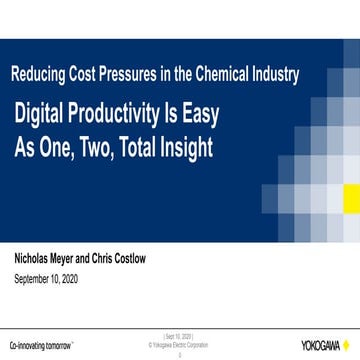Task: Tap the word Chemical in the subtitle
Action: coord(226,73)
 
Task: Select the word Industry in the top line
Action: coord(277,73)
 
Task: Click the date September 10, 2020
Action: coord(46,278)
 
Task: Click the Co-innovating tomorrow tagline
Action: coord(41,344)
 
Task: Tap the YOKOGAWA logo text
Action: coord(319,345)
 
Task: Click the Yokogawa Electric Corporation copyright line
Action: coord(180,345)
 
